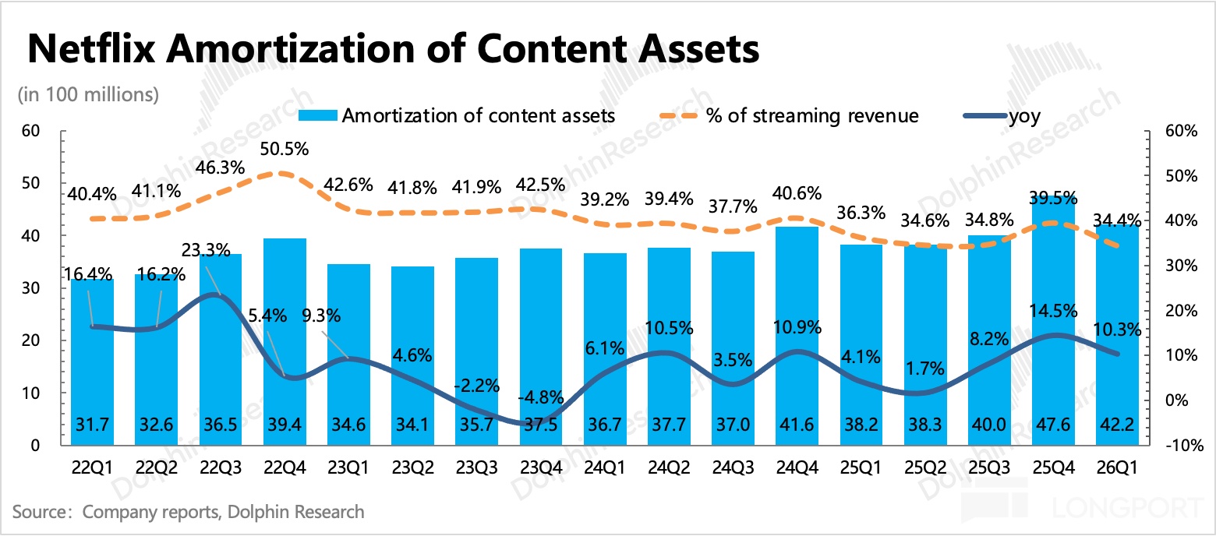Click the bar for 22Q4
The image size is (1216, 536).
(x=284, y=343)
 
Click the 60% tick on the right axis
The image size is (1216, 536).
(x=1179, y=131)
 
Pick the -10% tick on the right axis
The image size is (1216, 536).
(x=1178, y=446)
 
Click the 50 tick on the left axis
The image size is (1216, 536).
(x=30, y=184)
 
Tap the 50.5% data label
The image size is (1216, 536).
(x=284, y=148)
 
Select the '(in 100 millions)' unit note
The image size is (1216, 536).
(x=88, y=94)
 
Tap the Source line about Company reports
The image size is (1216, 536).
(x=188, y=512)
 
